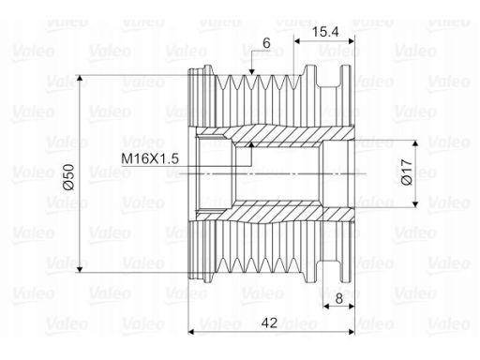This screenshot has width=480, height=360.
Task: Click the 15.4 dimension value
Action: tap(325, 32)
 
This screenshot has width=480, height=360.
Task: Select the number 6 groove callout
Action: tap(266, 43)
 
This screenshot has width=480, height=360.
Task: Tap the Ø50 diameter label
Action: tap(68, 177)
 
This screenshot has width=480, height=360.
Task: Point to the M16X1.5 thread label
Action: tap(150, 158)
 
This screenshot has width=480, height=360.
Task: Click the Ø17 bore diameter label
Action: tap(407, 172)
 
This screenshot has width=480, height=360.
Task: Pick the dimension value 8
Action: tap(339, 299)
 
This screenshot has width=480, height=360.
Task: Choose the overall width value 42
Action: tap(269, 322)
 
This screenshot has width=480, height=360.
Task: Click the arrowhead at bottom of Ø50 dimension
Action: tap(80, 269)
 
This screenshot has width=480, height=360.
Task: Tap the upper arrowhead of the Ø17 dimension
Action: tap(415, 143)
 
